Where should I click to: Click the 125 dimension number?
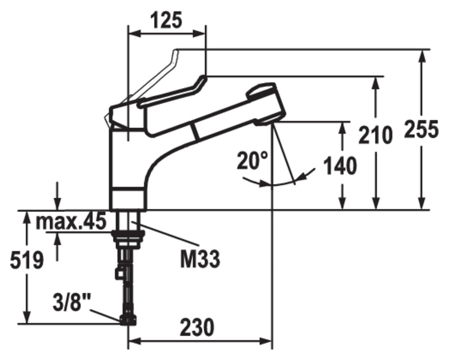167,20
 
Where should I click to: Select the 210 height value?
375,135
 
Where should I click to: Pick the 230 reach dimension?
197,327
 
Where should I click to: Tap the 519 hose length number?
27,260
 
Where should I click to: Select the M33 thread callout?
200,259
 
